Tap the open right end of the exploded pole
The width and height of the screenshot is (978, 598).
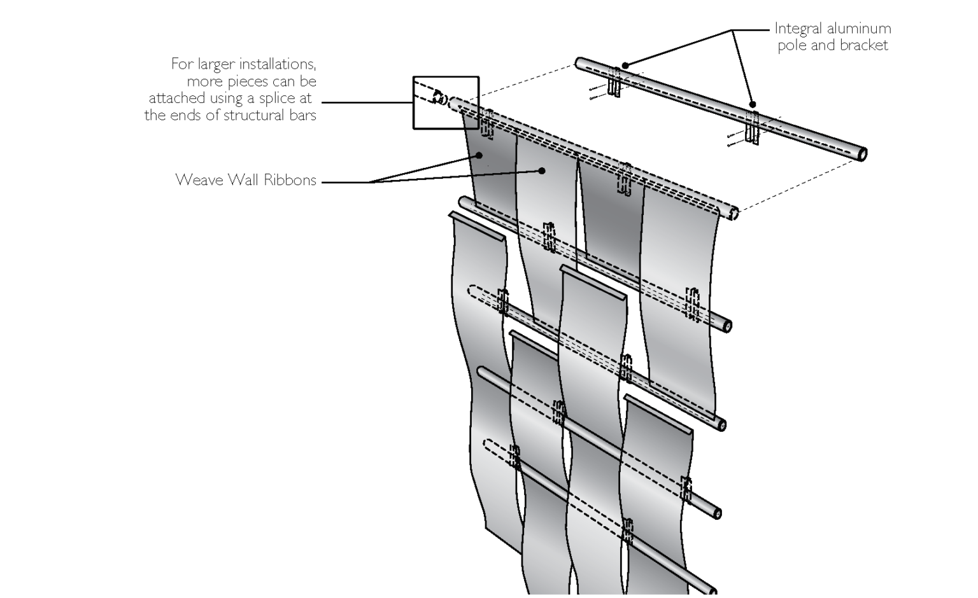pos(863,154)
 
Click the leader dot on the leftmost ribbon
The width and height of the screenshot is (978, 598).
pos(481,155)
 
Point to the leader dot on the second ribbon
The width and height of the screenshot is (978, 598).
pos(542,170)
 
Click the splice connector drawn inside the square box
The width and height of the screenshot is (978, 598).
pos(439,97)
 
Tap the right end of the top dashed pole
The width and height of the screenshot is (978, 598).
pos(733,213)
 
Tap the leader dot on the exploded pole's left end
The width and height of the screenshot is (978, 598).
pos(626,65)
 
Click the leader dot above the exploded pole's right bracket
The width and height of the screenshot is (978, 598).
pos(753,104)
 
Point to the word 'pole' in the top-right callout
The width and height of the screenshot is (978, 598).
pos(791,46)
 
